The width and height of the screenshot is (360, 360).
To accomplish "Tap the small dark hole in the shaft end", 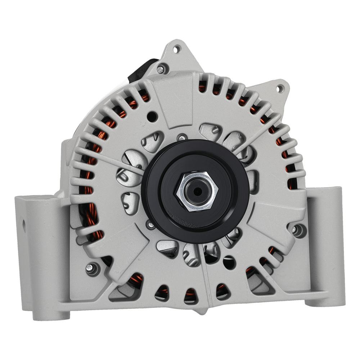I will pyautogui.click(x=196, y=191).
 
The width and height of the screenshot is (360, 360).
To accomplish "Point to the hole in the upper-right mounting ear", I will pyautogui.click(x=279, y=87).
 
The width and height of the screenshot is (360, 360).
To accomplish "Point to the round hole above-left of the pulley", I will pyautogui.click(x=152, y=116).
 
